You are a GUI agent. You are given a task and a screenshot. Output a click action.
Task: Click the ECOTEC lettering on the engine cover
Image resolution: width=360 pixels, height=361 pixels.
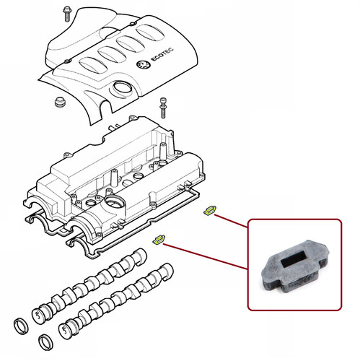pos(162,55)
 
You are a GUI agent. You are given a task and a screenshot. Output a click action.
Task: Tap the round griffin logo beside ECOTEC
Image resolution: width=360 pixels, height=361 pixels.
pos(143,65)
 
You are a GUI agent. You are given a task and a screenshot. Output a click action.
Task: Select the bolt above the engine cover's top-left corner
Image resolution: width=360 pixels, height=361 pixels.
pos(67,14)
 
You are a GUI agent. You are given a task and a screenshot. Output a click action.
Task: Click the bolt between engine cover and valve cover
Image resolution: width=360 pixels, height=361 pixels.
pos(163,108)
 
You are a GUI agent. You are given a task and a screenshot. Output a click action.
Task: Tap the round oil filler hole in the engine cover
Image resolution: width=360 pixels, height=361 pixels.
pos(122,88)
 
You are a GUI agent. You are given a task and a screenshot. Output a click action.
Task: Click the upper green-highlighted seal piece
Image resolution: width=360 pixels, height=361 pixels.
pos(210,210)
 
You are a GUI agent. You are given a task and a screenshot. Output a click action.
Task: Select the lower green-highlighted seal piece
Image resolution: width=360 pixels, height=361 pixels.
pos(159,239)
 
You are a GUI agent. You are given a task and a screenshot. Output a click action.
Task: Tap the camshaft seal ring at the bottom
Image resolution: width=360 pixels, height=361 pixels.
pos(46,342)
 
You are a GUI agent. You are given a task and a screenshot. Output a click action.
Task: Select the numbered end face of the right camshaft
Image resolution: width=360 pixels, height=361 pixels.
pos(64,330)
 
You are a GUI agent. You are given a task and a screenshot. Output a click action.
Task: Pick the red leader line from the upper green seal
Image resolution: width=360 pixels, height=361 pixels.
pos(231,221)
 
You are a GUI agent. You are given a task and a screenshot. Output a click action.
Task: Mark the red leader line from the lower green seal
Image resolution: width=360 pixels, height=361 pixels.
pos(206,256)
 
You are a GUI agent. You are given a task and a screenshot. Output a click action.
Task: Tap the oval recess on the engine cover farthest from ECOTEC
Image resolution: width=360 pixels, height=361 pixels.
pos(90,65)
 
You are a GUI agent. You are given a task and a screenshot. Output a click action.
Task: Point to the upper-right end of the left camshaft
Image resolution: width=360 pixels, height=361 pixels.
pos(141,256)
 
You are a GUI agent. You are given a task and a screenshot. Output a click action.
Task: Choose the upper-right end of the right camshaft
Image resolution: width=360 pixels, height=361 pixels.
pos(167,271)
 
